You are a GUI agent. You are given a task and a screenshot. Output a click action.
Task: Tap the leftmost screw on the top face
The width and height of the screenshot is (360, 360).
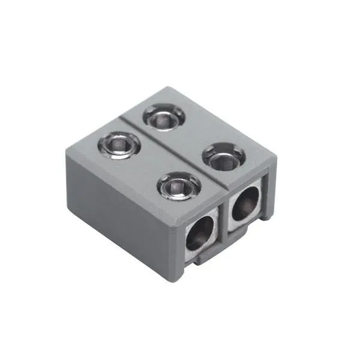[120, 144]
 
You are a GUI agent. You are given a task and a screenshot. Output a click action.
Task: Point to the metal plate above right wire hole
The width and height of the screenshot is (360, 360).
[249, 186]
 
